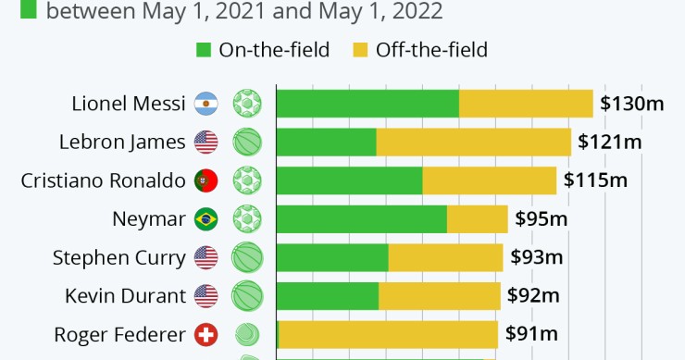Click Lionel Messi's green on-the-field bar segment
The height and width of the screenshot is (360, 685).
click(x=367, y=104)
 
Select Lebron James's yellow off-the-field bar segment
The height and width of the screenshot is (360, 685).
click(x=473, y=142)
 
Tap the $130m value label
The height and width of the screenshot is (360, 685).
click(x=631, y=104)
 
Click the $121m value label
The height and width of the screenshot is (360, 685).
click(x=609, y=142)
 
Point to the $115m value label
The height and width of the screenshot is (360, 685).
click(x=594, y=180)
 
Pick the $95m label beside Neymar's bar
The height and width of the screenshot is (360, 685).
click(x=542, y=219)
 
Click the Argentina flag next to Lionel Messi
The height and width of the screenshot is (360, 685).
click(x=205, y=104)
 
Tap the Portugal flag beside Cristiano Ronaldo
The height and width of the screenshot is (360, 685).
click(x=205, y=180)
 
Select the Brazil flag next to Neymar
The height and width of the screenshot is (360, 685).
click(x=205, y=219)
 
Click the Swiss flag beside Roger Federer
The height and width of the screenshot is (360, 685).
click(x=205, y=334)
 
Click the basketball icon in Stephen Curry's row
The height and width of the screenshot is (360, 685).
click(x=247, y=257)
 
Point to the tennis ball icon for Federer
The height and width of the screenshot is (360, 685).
click(x=247, y=334)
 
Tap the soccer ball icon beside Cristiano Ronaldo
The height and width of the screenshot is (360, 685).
click(x=247, y=180)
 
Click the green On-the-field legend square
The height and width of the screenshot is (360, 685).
click(x=203, y=49)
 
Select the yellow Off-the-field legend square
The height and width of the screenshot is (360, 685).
click(x=360, y=49)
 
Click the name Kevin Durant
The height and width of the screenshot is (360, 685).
click(x=126, y=296)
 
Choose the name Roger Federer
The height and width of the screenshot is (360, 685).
click(x=120, y=334)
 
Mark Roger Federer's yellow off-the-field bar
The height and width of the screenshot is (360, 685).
click(x=388, y=334)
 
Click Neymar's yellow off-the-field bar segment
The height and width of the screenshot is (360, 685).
click(x=477, y=219)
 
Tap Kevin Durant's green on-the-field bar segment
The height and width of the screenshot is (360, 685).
click(x=327, y=296)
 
